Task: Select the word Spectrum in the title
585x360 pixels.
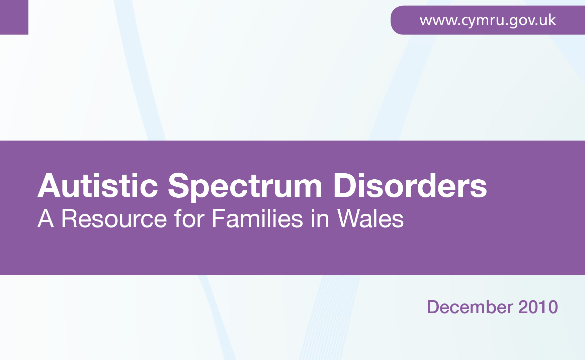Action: (245, 187)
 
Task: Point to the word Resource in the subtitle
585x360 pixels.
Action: (114, 219)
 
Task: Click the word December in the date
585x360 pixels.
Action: (470, 307)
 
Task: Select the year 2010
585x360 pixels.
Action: (538, 307)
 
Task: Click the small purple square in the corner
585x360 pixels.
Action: (14, 17)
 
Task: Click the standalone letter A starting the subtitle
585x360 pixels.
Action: (46, 219)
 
